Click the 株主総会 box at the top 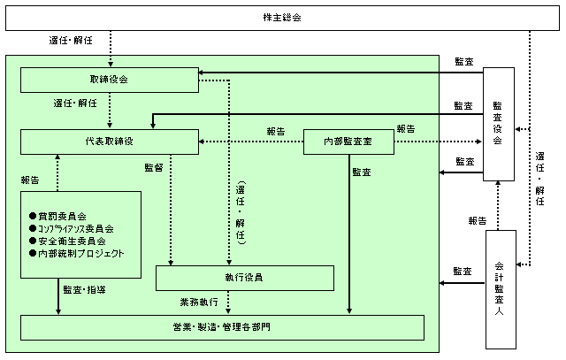282,18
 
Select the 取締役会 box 109,80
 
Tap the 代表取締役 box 109,142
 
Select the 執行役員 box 244,278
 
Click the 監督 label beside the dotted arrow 154,165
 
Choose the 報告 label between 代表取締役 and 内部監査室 275,132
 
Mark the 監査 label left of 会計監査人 462,272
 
